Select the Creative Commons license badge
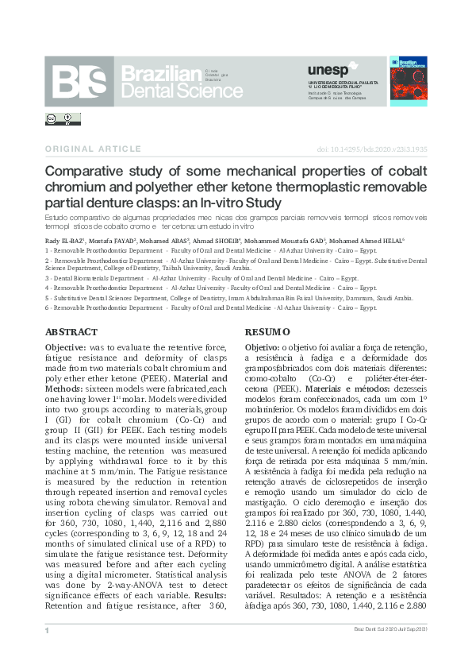point(63,119)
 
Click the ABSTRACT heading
point(71,332)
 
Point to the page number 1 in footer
point(48,630)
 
